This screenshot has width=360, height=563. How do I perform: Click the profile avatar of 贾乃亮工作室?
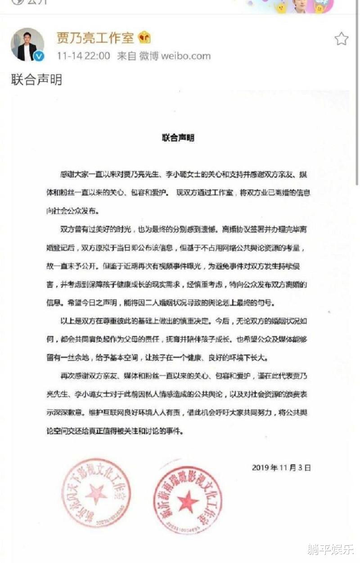tap(27, 45)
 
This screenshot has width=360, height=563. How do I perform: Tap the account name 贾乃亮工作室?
tap(95, 38)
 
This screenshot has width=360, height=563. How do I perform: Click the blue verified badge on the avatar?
tap(40, 56)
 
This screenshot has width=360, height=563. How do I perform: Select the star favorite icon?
tap(342, 39)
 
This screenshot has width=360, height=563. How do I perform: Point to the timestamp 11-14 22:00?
tap(83, 56)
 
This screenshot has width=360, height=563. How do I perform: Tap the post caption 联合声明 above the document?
tap(36, 80)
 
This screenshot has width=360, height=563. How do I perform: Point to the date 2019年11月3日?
tap(282, 468)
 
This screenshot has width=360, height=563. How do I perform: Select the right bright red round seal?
tap(187, 500)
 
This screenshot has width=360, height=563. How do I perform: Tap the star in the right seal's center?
tap(187, 501)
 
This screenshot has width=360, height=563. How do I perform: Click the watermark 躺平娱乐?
tap(330, 549)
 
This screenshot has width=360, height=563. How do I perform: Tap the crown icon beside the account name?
tap(144, 38)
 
